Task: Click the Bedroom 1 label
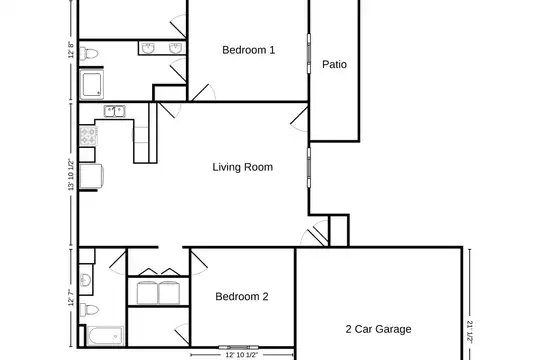248,50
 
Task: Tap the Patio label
334,64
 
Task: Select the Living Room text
242,167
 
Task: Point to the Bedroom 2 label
241,296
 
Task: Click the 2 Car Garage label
378,329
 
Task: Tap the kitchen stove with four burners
89,135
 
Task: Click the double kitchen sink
115,111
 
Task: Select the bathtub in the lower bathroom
105,336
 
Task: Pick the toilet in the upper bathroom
89,53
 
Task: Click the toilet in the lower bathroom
89,309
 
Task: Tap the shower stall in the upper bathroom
91,84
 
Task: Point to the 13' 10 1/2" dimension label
71,174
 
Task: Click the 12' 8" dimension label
71,50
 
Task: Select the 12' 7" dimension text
71,298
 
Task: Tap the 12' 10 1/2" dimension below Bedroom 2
241,354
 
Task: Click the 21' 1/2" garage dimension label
470,331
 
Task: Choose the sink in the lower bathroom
86,280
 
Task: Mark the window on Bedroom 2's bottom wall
238,347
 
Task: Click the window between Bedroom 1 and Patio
309,54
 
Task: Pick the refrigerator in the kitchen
91,177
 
